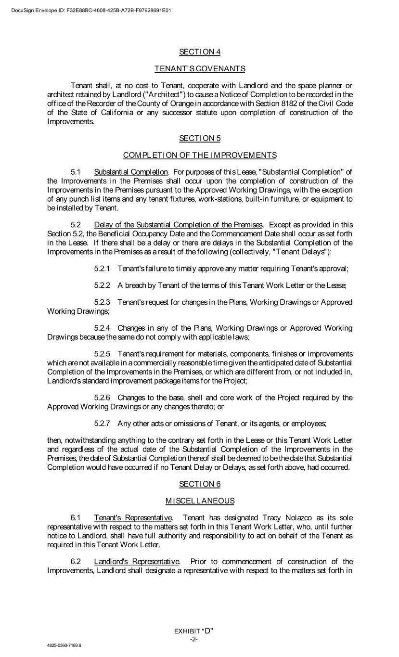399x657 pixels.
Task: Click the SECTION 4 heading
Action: click(x=199, y=52)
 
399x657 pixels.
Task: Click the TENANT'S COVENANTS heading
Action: click(x=199, y=69)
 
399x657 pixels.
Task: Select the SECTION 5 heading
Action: click(x=199, y=138)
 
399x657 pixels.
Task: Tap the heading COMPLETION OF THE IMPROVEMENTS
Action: click(x=199, y=155)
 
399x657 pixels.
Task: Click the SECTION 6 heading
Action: click(x=199, y=484)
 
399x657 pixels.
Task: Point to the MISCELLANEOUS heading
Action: click(x=199, y=501)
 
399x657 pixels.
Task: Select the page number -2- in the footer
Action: click(x=193, y=639)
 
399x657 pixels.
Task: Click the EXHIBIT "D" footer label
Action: click(x=193, y=631)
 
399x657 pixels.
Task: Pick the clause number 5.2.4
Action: click(x=102, y=328)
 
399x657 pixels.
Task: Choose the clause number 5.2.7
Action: click(x=102, y=424)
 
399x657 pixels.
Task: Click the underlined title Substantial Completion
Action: click(x=131, y=172)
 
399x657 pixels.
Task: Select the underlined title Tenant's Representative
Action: click(x=133, y=518)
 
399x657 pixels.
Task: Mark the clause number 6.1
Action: click(x=76, y=518)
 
